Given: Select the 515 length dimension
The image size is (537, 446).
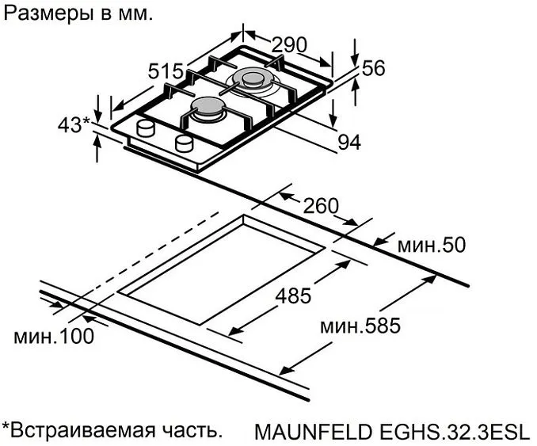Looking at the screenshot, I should pyautogui.click(x=166, y=71).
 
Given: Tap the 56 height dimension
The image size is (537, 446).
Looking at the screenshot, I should pyautogui.click(x=373, y=68).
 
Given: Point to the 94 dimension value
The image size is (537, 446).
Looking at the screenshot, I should pyautogui.click(x=348, y=142).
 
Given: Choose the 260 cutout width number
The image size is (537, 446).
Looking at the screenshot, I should pyautogui.click(x=320, y=206).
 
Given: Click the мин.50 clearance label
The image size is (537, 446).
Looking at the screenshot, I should pyautogui.click(x=431, y=245).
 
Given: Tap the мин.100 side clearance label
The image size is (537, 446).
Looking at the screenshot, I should pyautogui.click(x=54, y=336).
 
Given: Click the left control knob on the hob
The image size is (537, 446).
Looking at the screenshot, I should pyautogui.click(x=147, y=128).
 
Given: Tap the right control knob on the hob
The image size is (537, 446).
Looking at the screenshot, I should pyautogui.click(x=185, y=143).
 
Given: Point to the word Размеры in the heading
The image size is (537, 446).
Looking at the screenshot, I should pyautogui.click(x=40, y=13).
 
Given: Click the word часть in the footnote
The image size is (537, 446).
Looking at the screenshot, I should pyautogui.click(x=190, y=431).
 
